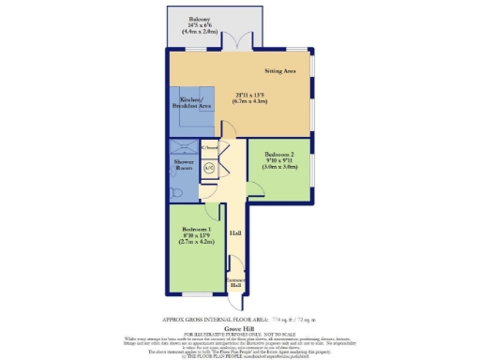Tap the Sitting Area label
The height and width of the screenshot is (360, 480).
[281, 69]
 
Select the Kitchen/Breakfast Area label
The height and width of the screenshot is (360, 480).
[191, 104]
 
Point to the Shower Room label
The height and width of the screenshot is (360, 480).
[183, 165]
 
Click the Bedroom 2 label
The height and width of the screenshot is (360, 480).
[279, 154]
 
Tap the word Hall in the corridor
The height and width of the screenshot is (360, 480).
[235, 232]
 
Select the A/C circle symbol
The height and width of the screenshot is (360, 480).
[209, 168]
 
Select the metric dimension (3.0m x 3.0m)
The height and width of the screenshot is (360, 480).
[279, 169]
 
